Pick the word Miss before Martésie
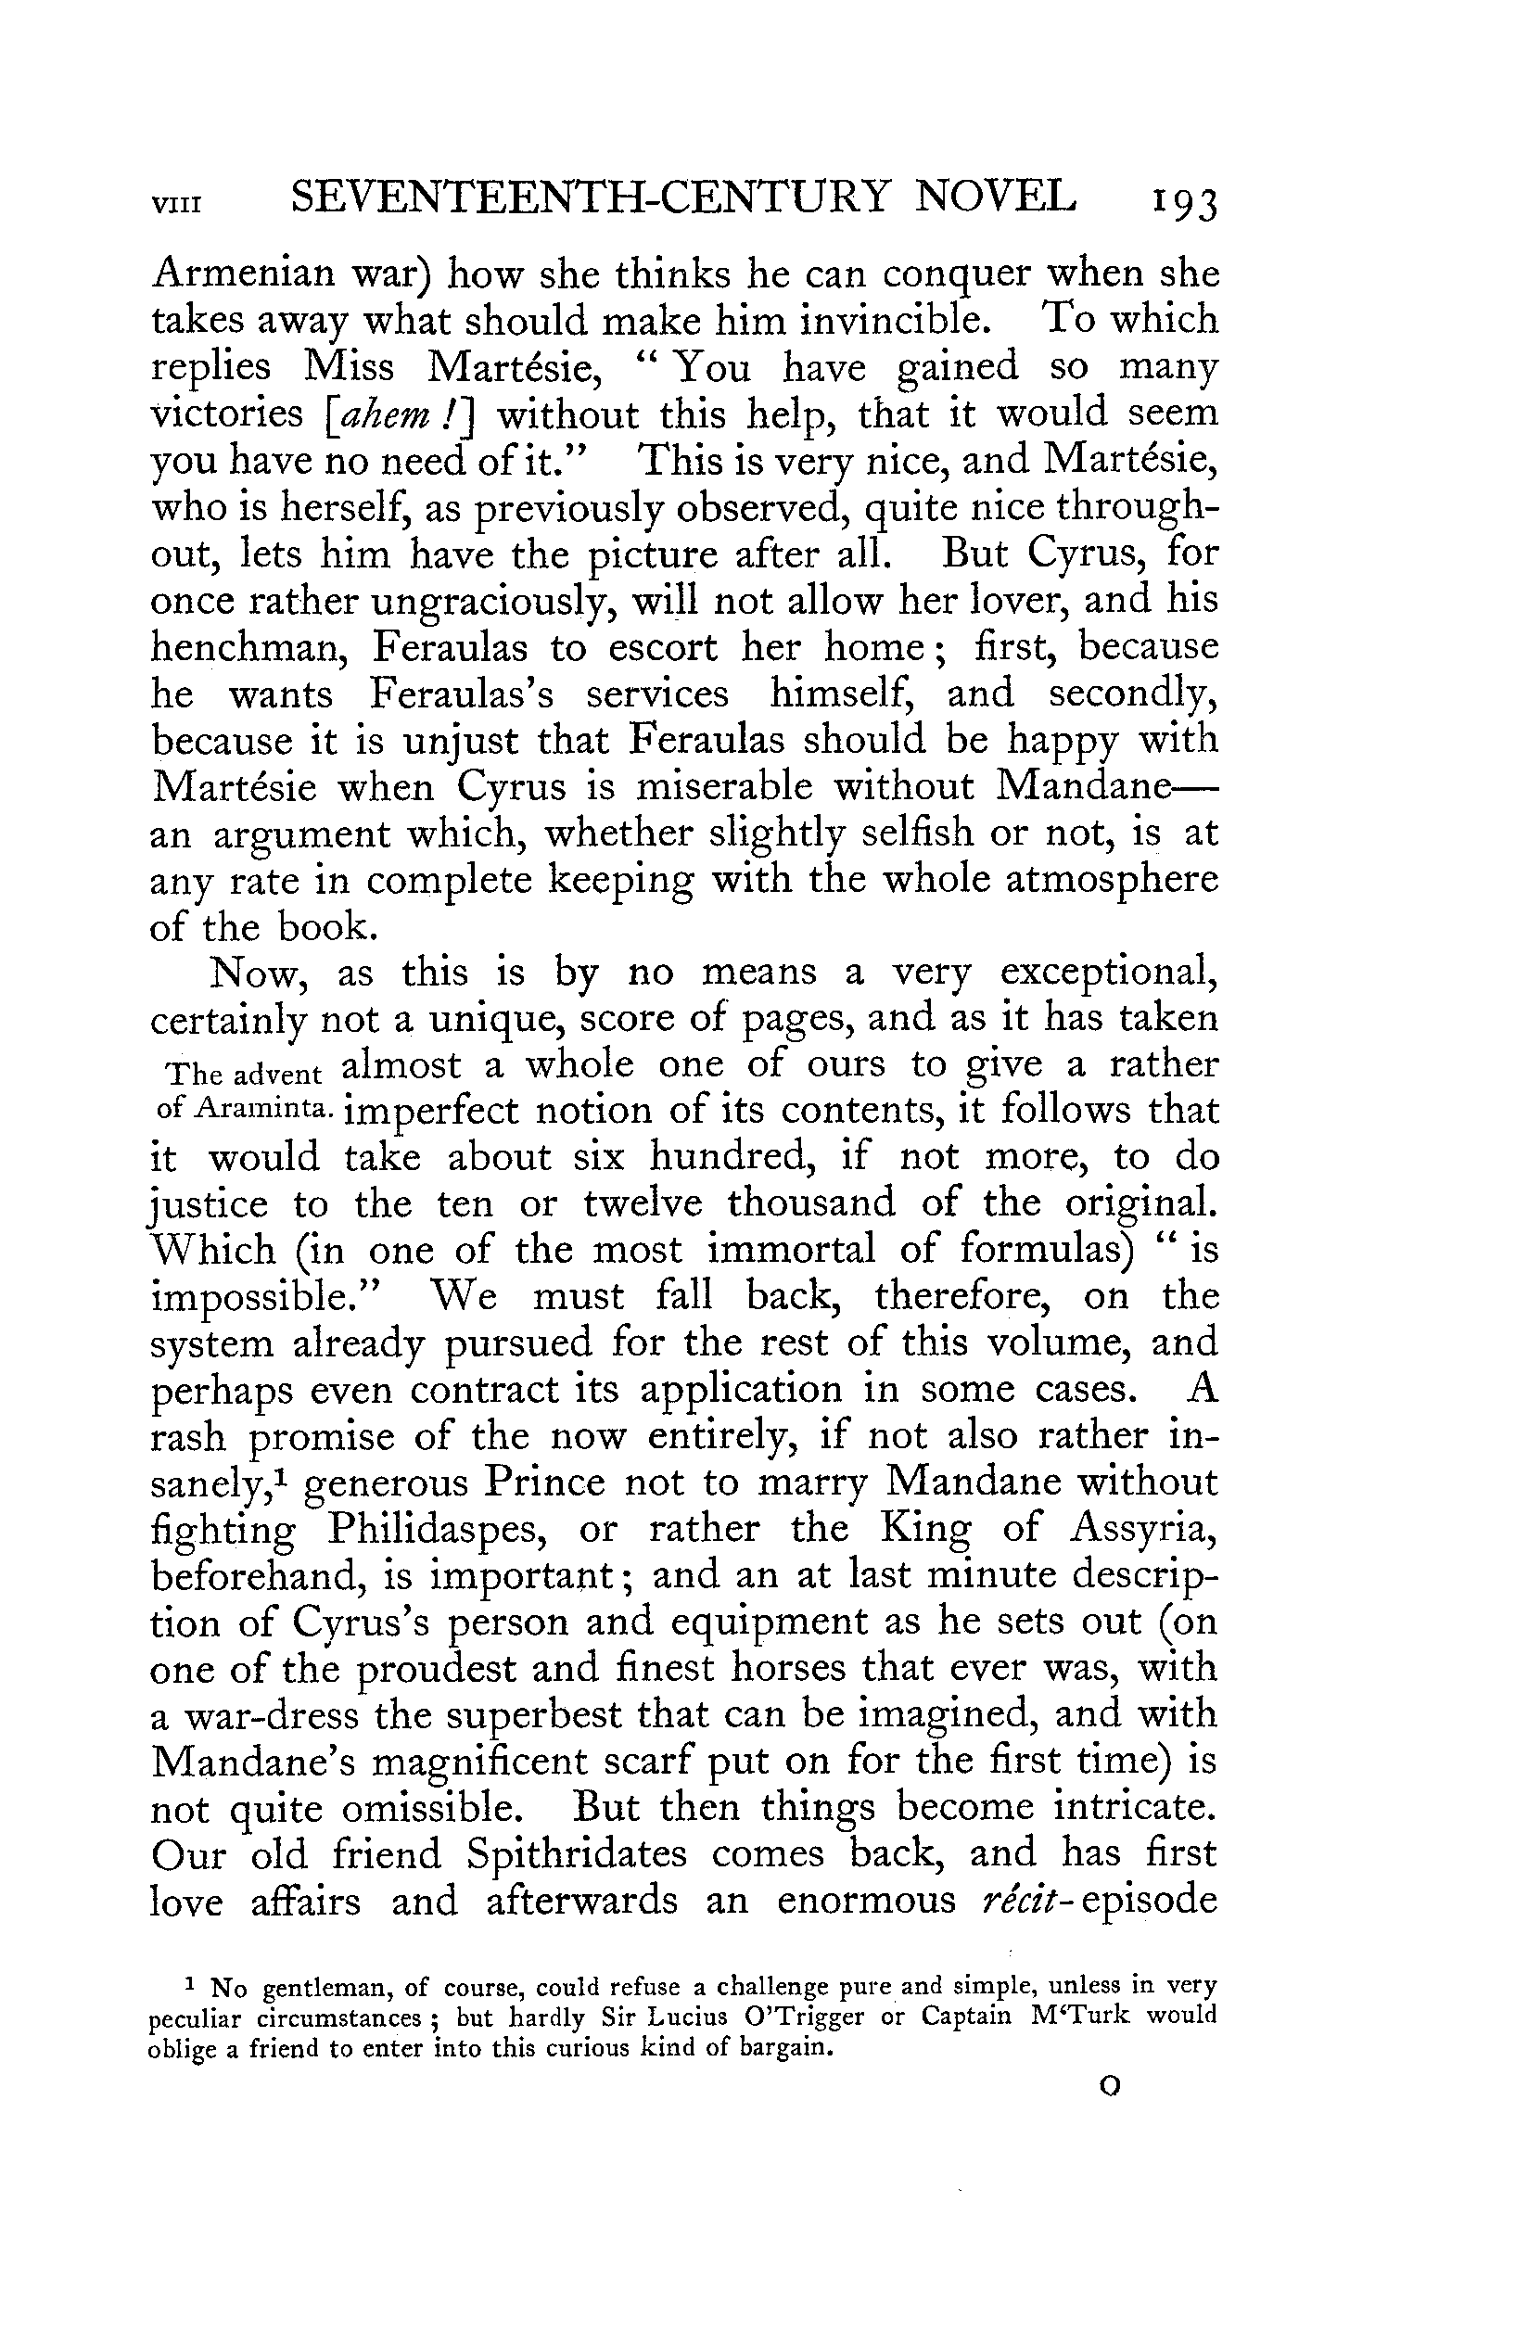click(349, 367)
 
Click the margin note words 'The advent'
click(245, 1074)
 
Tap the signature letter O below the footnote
click(1110, 2087)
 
